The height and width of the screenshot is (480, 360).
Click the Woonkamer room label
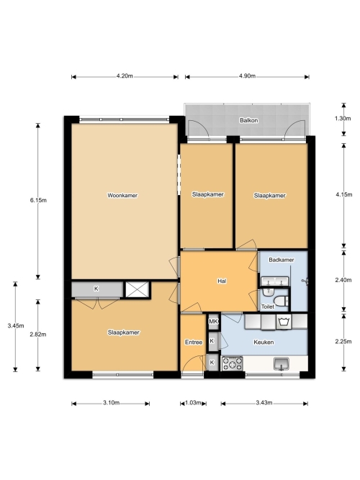(122, 195)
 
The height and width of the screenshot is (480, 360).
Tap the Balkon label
(248, 120)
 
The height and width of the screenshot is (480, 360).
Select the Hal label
(222, 281)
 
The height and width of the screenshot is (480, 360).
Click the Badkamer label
(282, 260)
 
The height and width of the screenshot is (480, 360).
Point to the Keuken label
(264, 342)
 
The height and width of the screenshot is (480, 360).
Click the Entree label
(194, 343)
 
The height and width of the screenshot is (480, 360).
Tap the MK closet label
(213, 322)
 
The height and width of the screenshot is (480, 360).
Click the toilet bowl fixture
(281, 302)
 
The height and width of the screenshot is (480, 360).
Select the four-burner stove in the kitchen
(233, 363)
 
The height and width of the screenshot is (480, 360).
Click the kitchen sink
(282, 364)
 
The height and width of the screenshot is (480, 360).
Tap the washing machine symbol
(284, 322)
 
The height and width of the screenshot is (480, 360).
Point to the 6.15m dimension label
(38, 200)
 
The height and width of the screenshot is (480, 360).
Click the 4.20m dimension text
(125, 76)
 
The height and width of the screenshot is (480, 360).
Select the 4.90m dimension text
(247, 76)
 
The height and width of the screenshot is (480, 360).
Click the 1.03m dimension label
(193, 402)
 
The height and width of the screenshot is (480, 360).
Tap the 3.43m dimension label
(264, 402)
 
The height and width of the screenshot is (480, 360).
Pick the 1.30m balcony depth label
(343, 118)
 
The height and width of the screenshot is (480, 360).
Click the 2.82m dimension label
(38, 335)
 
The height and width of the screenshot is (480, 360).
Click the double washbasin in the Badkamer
(275, 281)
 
